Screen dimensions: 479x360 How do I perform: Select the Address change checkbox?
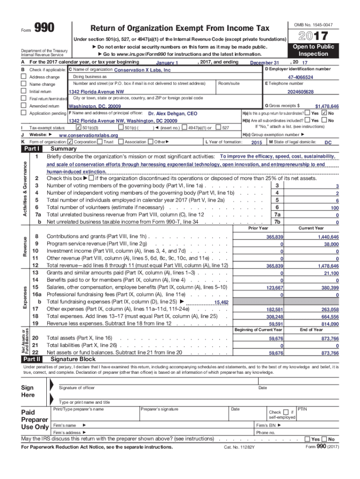(23, 77)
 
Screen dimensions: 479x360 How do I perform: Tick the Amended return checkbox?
(23, 106)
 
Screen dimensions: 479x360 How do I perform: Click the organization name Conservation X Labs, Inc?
(143, 70)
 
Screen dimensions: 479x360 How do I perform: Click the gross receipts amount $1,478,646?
(327, 107)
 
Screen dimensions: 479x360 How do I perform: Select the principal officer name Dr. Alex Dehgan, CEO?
(173, 114)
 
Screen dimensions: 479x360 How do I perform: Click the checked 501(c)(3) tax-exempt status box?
(78, 128)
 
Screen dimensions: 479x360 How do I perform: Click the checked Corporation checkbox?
(70, 142)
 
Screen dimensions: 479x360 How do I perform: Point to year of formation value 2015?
(257, 142)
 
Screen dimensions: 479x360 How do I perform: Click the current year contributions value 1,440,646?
(328, 237)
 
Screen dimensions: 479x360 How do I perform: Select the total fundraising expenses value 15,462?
(221, 303)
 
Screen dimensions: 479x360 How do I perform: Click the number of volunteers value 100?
(334, 208)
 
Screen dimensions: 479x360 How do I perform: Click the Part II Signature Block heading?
(72, 359)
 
